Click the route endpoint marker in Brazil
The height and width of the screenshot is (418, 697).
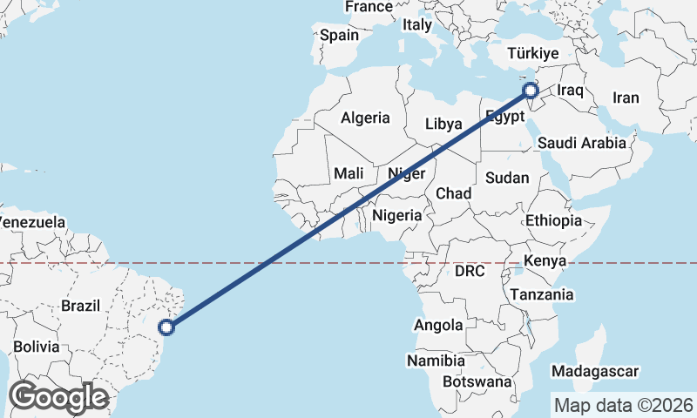[x=168, y=327]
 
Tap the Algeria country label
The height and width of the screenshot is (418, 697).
[x=365, y=118]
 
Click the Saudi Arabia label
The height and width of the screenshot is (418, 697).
[x=582, y=143]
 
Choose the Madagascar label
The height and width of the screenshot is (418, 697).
[x=596, y=371]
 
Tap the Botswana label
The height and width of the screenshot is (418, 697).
[x=477, y=381]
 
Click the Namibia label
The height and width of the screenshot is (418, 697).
[x=436, y=360]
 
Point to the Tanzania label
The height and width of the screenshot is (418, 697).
[x=542, y=294]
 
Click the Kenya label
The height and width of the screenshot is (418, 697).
[x=545, y=260]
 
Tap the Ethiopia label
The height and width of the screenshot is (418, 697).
[x=553, y=221]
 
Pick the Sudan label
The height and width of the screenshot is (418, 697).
[x=507, y=178]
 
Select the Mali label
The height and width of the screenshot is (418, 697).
[x=348, y=174]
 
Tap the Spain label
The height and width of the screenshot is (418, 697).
[x=339, y=36]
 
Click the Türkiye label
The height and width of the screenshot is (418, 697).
[x=535, y=54]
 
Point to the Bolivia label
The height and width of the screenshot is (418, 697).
[x=36, y=347]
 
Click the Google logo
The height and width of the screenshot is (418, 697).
[x=58, y=397]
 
